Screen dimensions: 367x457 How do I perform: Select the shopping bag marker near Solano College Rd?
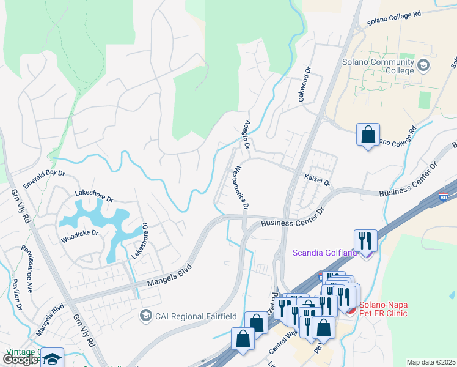368,135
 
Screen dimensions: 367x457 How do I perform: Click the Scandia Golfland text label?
324,253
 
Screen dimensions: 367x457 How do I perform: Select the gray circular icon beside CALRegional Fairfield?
145,316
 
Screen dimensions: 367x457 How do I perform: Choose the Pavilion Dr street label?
16,294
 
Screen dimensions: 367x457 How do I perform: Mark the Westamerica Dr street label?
239,188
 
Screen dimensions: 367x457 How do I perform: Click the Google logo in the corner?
20,360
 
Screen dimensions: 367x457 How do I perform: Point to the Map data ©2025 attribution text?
430,362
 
